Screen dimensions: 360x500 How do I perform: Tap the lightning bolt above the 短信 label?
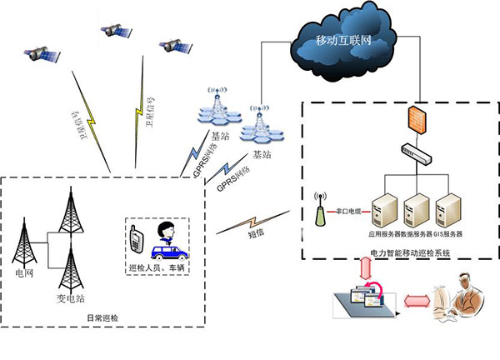(x=241, y=222)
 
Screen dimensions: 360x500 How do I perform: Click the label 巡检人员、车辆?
(x=157, y=268)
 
